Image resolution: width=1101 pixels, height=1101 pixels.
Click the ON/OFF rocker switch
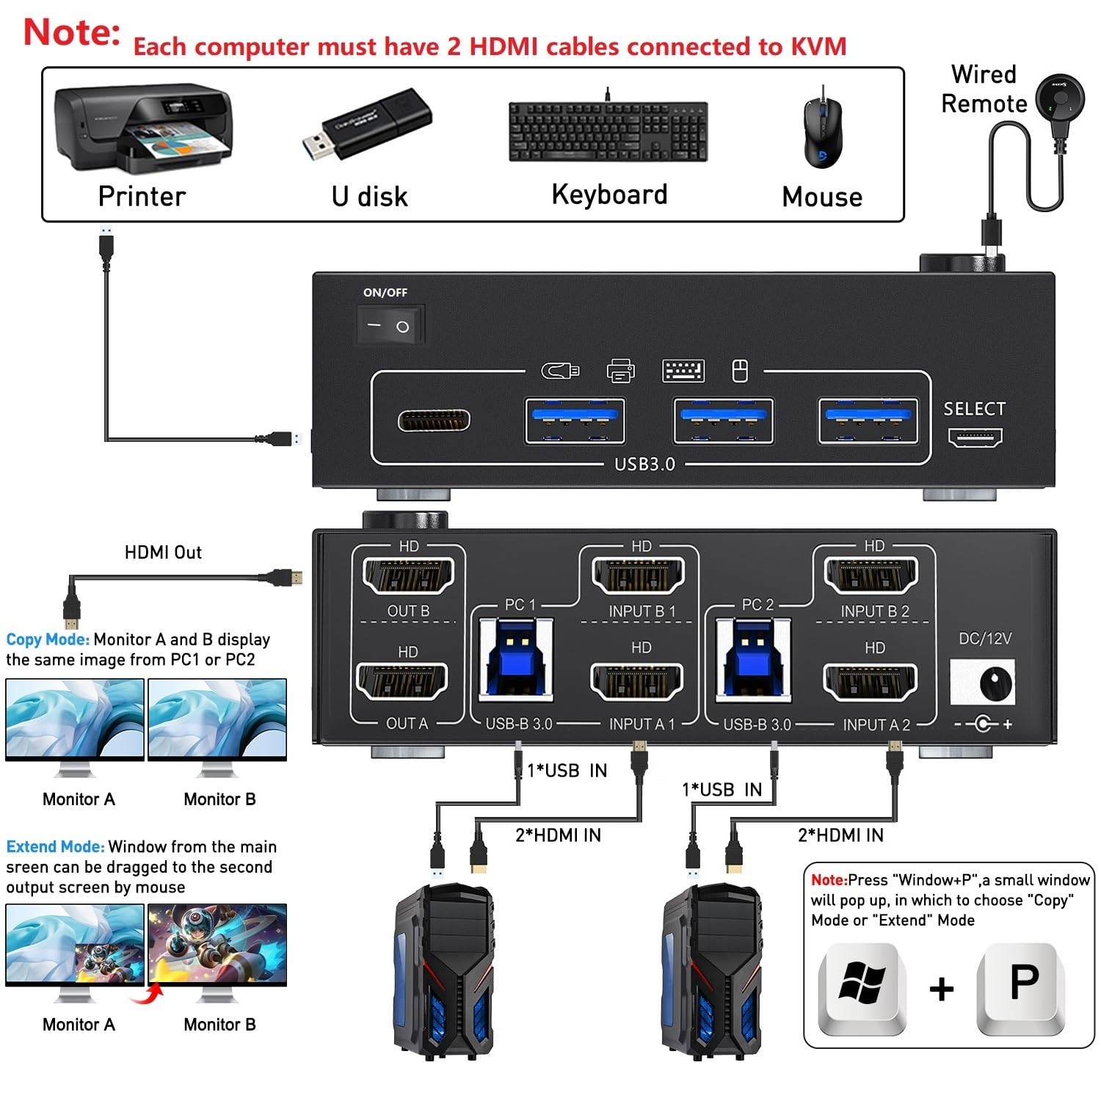pos(390,326)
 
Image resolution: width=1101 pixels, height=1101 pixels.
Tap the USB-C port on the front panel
pos(434,421)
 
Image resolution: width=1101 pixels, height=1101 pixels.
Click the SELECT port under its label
pos(975,438)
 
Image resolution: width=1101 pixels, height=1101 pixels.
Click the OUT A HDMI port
pos(402,682)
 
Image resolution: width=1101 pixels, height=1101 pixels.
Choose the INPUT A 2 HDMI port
pos(871,683)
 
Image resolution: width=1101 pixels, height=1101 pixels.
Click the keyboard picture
pos(608,132)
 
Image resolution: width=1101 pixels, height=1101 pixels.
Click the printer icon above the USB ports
pos(621,371)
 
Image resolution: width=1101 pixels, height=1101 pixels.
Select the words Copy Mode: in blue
pos(48,639)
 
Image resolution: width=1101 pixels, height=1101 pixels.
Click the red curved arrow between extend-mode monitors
pos(147,995)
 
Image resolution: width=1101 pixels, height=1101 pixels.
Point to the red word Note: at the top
pos(72,33)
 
